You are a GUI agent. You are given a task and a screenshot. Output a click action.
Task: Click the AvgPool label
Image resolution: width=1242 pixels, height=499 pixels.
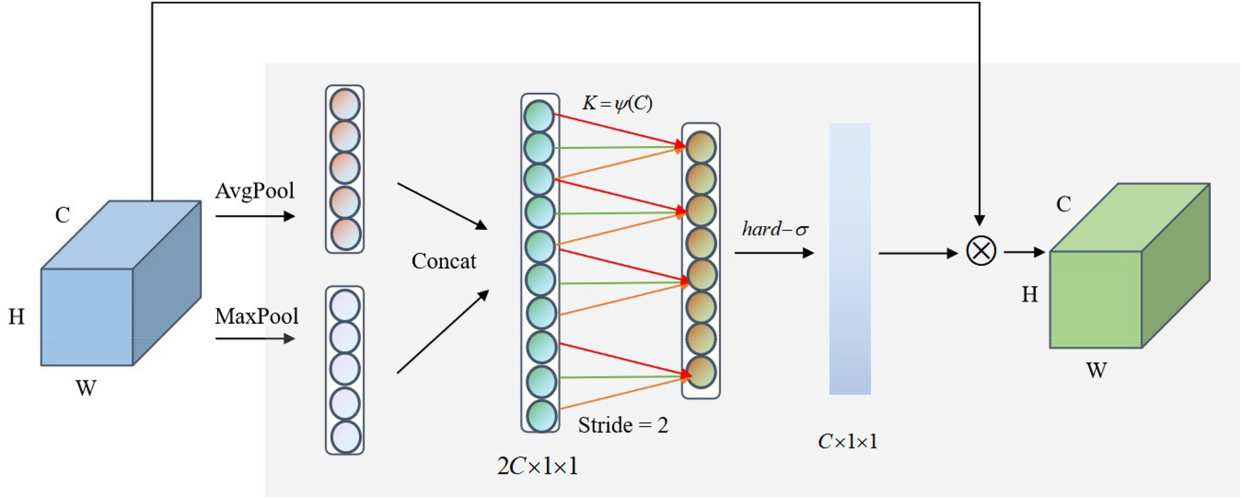point(254,191)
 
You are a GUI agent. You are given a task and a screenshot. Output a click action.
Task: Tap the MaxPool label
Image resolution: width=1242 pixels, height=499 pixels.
point(256,317)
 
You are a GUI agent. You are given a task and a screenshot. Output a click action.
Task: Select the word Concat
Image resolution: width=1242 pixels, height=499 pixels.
point(443,261)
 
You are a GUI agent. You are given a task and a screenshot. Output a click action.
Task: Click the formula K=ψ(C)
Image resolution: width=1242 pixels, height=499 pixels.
point(617,104)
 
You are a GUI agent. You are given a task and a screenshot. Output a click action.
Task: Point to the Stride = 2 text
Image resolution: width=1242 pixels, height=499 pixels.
point(622,425)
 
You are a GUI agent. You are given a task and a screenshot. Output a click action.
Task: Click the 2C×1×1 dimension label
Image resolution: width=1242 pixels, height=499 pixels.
point(537,466)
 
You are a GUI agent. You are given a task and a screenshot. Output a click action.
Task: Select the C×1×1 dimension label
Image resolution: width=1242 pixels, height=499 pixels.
point(847,442)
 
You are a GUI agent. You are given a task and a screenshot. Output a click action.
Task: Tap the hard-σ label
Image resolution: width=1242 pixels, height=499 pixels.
point(775,230)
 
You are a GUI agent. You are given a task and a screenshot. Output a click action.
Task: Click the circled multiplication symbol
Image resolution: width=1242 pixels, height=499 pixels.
point(981,251)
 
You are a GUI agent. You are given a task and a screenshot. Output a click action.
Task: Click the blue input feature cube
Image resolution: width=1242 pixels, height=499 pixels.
point(105,295)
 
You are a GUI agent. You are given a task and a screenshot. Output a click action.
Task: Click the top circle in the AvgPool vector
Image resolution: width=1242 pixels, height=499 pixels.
point(345,105)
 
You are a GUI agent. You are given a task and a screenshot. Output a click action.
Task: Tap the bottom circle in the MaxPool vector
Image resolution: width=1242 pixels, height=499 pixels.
point(345,436)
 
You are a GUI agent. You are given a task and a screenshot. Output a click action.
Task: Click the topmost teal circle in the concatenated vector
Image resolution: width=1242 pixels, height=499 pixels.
point(540,116)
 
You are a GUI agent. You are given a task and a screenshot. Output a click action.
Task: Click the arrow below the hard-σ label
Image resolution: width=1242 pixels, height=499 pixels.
point(773,252)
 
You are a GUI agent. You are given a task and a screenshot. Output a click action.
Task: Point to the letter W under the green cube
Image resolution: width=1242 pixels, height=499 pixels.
point(1096,370)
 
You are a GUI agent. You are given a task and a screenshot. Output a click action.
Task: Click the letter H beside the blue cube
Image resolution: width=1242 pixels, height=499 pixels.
point(16,317)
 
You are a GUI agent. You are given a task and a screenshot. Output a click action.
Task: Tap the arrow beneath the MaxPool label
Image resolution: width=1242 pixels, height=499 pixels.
point(254,339)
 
